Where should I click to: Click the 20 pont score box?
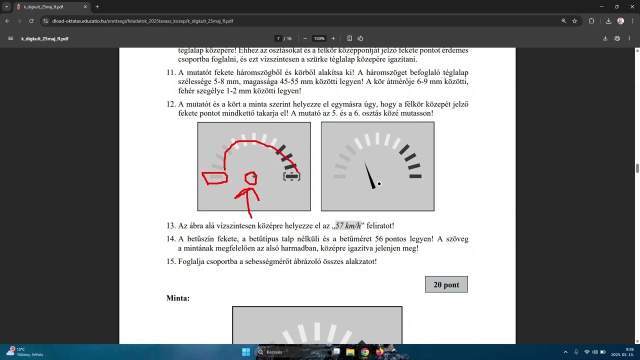pos(446,284)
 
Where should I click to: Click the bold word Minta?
pos(177,298)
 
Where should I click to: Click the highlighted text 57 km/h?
pos(348,225)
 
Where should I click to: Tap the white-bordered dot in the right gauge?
pos(379,184)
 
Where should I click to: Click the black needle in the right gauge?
pos(369,175)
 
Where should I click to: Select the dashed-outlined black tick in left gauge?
pos(291,176)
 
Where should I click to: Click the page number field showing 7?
pos(278,38)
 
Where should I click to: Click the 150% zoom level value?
pos(319,38)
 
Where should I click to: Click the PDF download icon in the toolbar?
pos(605,38)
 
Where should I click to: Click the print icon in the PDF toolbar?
pos(617,38)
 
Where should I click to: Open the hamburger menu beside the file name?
pos(10,38)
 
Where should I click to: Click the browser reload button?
pos(31,21)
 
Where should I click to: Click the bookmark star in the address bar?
pos(574,21)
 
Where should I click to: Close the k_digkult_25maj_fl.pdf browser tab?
pos(85,7)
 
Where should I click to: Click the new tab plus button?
pos(97,7)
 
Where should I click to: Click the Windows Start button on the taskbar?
pos(246,352)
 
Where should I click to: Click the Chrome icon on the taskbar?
pos(365,352)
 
